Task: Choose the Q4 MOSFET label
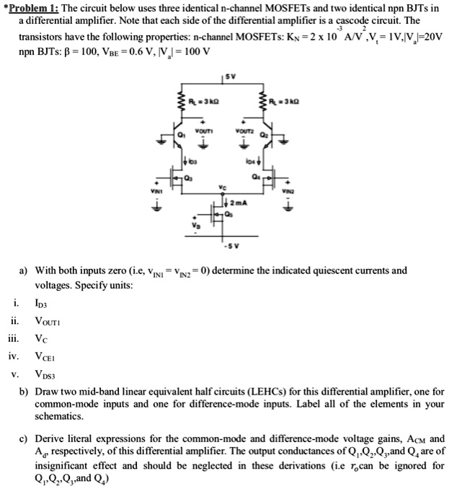point(258,176)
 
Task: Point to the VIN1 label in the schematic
point(153,190)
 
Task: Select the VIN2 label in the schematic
point(290,190)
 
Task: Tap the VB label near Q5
point(192,225)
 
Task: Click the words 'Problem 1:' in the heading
point(33,7)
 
